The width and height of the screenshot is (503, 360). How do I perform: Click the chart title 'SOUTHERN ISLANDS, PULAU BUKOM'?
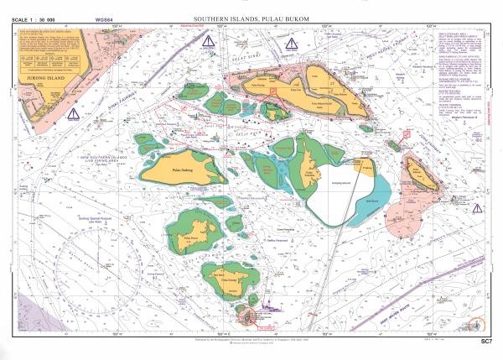(x=251, y=18)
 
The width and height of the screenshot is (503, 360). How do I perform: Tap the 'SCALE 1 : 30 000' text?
(x=39, y=18)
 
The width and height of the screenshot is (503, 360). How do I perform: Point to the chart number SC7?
(x=485, y=342)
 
